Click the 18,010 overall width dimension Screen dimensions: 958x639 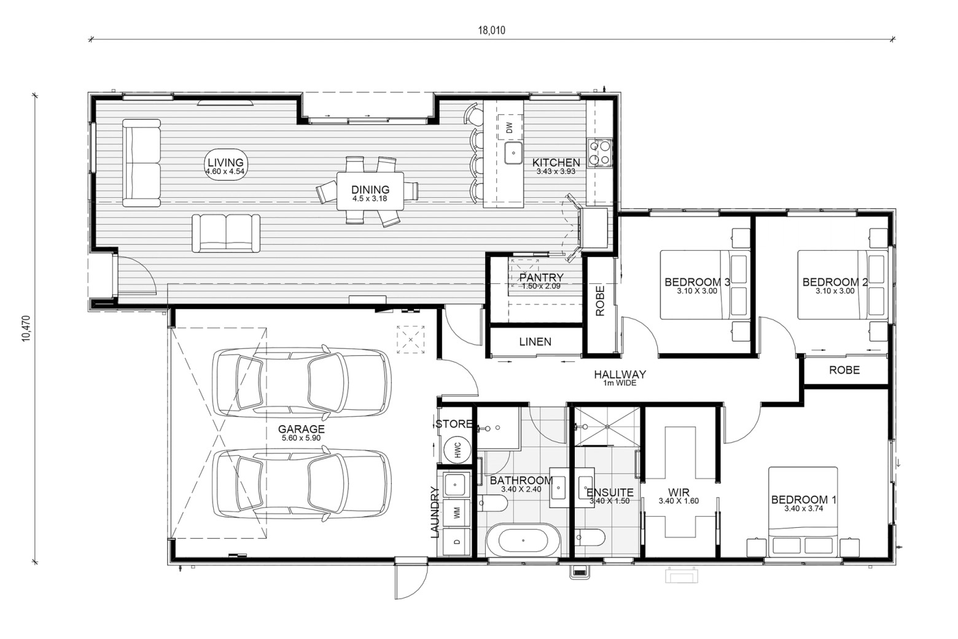click(491, 30)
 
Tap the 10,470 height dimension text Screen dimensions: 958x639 click(26, 328)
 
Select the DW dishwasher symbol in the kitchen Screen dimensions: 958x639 click(509, 127)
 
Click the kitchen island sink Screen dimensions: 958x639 click(513, 153)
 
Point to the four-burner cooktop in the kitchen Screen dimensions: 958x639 click(599, 152)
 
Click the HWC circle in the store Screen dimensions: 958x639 click(457, 451)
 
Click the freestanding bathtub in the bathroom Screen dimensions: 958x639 click(523, 541)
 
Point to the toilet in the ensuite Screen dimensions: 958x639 click(589, 538)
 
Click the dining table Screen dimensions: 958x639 click(370, 191)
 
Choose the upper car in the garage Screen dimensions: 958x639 click(302, 382)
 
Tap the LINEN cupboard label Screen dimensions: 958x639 click(535, 342)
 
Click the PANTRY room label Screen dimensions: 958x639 click(542, 277)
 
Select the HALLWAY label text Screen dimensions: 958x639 click(620, 374)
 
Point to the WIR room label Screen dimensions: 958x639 click(679, 492)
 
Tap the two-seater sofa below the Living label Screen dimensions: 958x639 click(226, 233)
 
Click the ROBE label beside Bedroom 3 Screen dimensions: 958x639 click(600, 300)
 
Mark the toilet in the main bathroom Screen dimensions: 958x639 click(492, 503)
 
